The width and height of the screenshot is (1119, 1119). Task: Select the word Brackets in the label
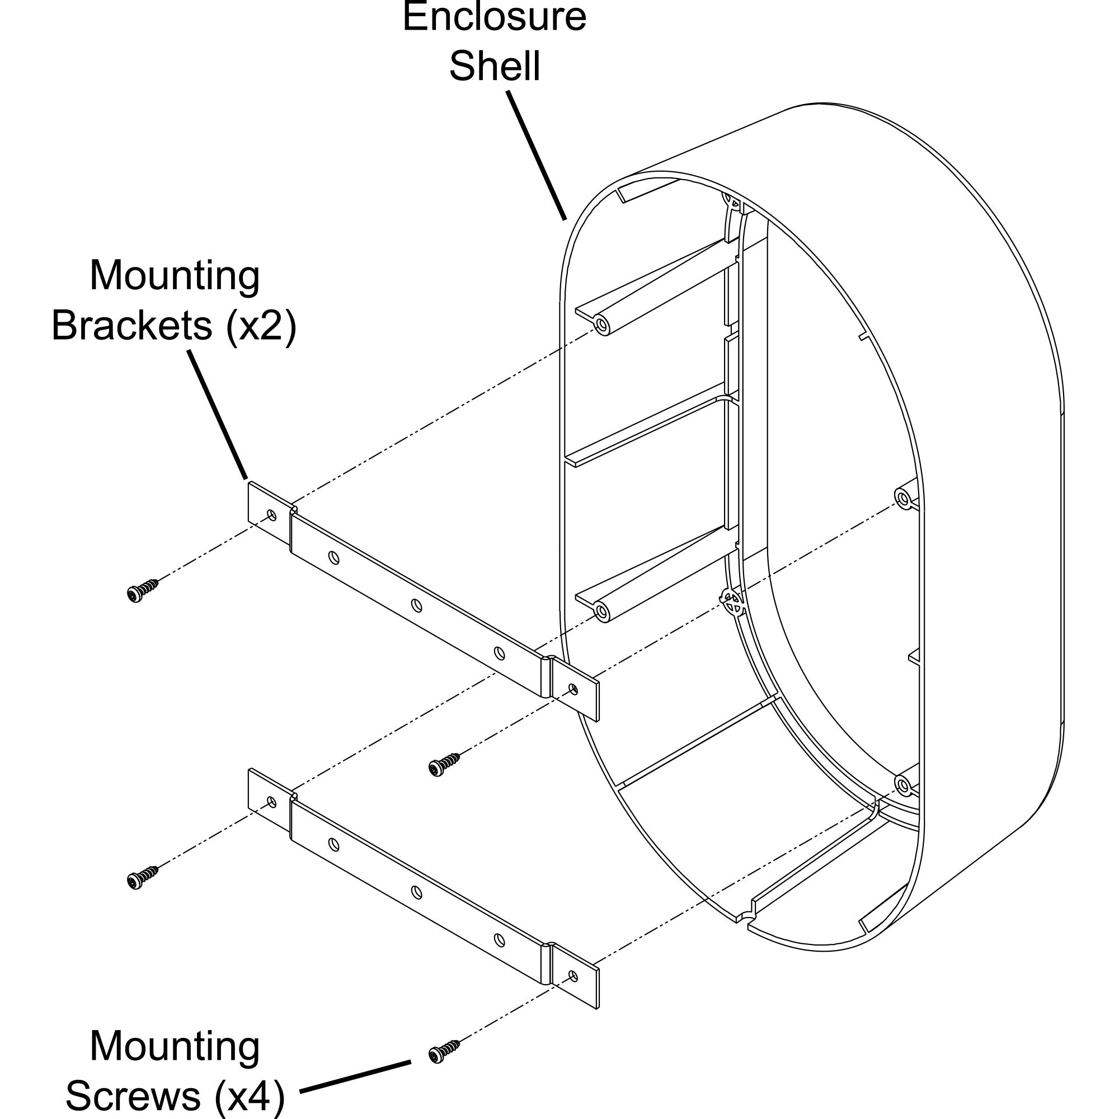coord(132,326)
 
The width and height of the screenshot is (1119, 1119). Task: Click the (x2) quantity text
coord(261,326)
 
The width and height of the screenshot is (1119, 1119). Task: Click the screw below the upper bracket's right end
coord(444,765)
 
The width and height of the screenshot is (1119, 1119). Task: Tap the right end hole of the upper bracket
coord(573,689)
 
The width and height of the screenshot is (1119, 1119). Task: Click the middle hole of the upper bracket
coord(416,606)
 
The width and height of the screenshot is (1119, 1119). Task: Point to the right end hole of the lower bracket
coord(573,975)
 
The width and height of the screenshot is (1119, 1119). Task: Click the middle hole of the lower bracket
coord(416,892)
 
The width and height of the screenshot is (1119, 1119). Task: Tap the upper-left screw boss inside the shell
coord(603,326)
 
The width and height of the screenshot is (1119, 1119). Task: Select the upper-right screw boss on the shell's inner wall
coord(903,497)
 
